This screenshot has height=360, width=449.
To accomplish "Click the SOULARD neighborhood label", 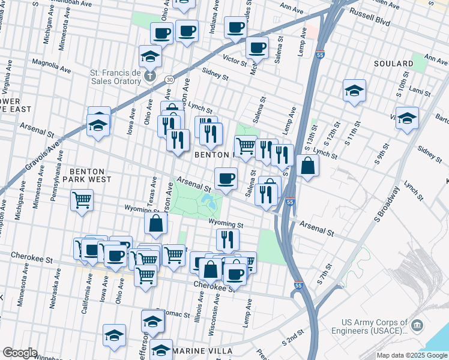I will [393, 64].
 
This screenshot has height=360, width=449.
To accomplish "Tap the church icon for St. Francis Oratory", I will [151, 77].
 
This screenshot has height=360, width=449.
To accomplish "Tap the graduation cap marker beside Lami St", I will [355, 91].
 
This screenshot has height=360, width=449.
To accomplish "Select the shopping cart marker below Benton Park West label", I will [82, 200].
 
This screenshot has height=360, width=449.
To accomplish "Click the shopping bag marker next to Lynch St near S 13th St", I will [307, 166].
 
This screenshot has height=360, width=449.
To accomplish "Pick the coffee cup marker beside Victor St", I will [257, 47].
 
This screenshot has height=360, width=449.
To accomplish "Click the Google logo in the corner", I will [20, 353].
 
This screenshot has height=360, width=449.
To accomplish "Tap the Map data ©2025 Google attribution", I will [411, 355].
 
